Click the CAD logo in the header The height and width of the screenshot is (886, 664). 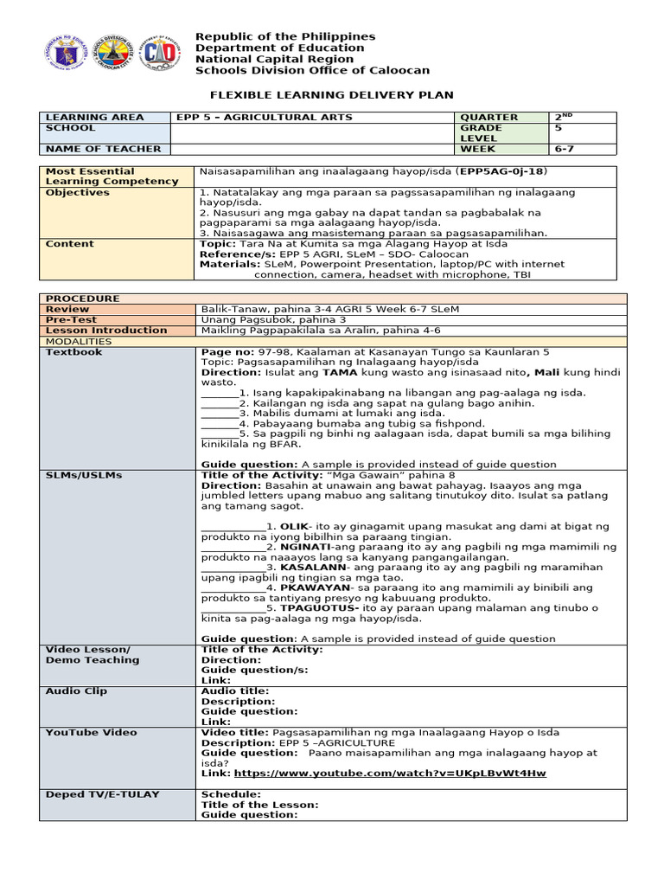(161, 55)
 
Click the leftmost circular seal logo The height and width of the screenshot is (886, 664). (61, 55)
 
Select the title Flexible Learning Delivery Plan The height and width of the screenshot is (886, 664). (333, 94)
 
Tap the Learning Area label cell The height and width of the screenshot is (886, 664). (83, 117)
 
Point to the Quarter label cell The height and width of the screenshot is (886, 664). (489, 117)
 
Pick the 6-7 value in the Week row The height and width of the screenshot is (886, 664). (565, 149)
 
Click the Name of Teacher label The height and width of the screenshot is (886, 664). (91, 149)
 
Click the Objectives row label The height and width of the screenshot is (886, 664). (78, 192)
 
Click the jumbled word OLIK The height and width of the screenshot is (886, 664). (295, 526)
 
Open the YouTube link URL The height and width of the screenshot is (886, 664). (390, 774)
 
